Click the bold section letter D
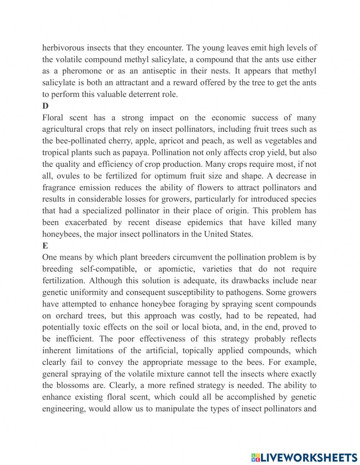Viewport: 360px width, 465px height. (x=45, y=106)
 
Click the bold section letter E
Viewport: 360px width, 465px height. (x=45, y=246)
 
